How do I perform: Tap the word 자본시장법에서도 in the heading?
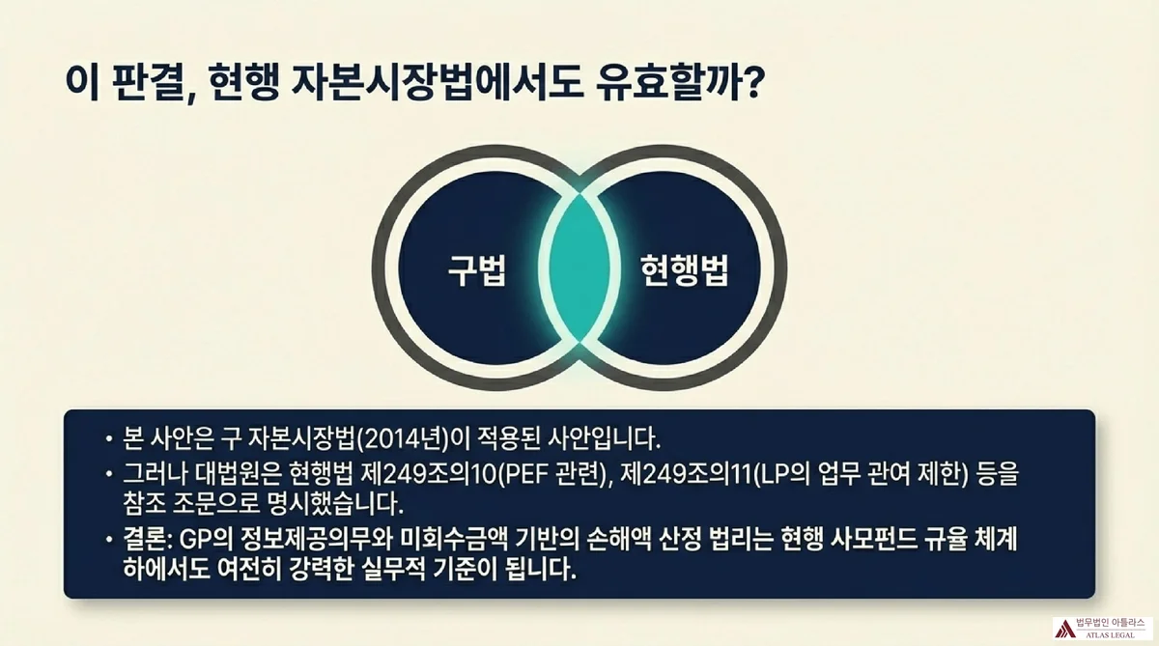(437, 83)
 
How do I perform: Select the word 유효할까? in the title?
(679, 83)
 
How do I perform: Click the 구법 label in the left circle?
(476, 270)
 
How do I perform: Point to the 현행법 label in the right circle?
(684, 270)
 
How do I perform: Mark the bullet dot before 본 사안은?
(108, 439)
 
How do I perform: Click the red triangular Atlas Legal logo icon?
(1064, 629)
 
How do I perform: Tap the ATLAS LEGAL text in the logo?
(1111, 635)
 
